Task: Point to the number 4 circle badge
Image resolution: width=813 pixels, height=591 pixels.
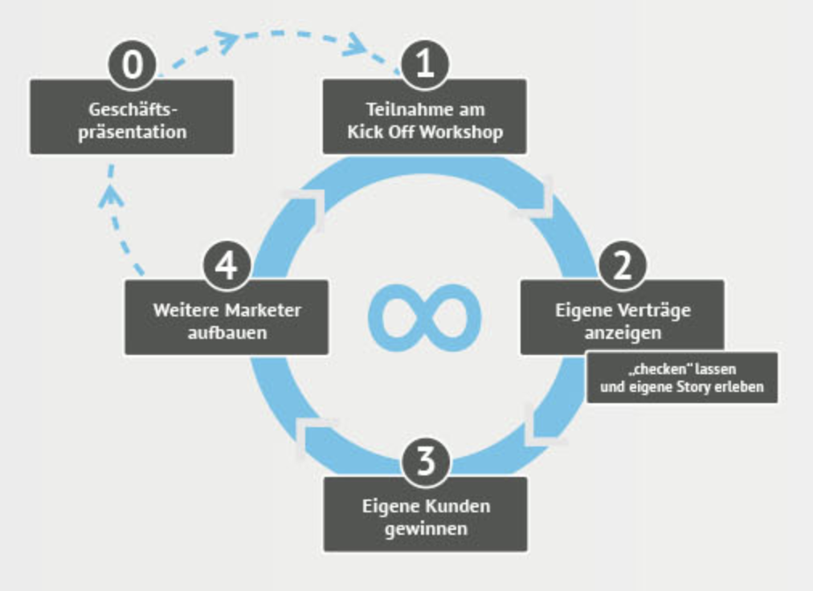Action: click(227, 266)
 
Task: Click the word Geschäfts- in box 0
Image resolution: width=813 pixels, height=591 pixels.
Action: click(132, 110)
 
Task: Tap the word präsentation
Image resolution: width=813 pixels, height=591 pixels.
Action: click(132, 132)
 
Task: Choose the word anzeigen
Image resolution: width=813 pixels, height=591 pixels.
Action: click(623, 332)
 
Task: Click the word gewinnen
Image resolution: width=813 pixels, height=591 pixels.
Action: click(425, 529)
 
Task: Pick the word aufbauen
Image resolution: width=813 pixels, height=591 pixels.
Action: click(227, 332)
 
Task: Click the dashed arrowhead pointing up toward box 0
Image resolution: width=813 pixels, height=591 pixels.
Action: click(111, 195)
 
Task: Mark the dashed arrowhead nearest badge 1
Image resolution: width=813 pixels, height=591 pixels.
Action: click(355, 46)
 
